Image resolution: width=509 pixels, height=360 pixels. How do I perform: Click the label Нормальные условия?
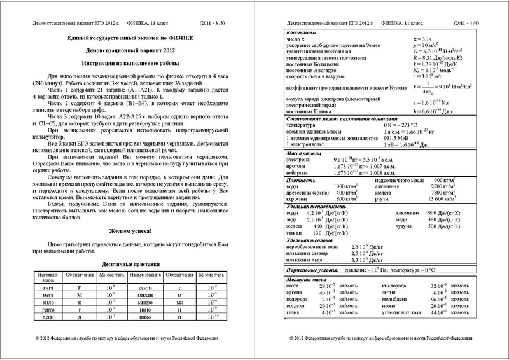coord(300,270)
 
